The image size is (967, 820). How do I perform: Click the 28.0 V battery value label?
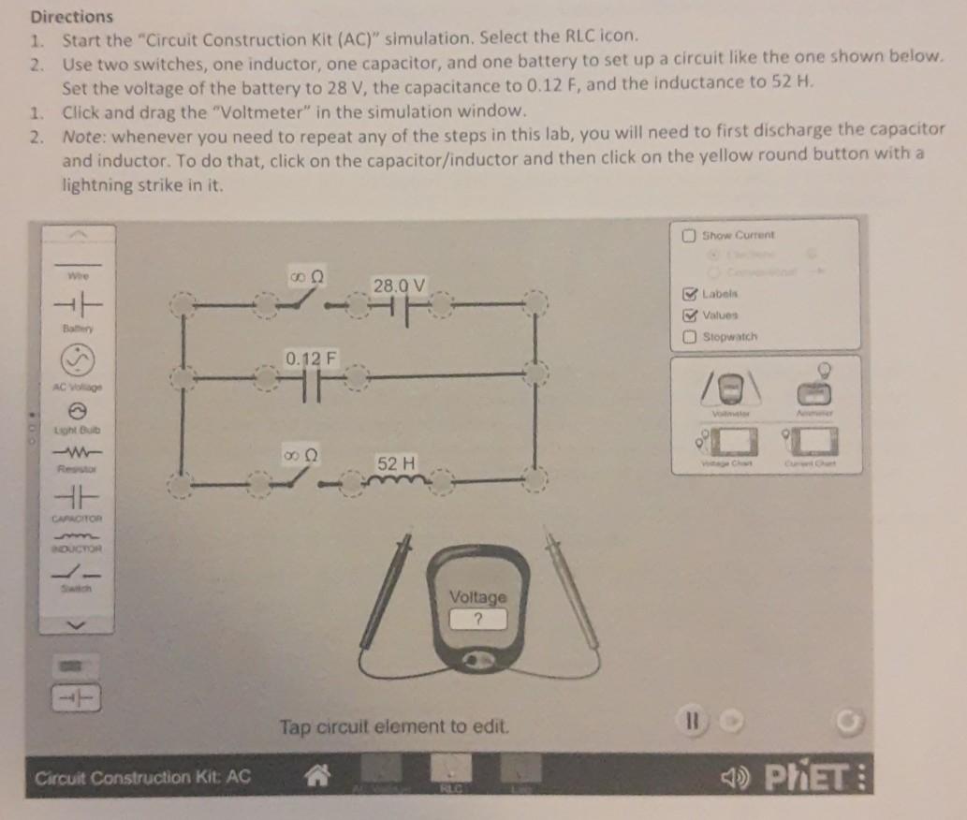400,285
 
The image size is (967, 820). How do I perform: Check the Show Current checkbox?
690,235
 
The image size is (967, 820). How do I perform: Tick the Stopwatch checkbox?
690,336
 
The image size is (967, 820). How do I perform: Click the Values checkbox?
690,315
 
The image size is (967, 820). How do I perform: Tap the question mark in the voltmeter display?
478,619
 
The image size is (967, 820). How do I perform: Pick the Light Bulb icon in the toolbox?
79,410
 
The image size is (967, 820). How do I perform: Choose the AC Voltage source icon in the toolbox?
79,359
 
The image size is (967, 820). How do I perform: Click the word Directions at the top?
71,17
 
